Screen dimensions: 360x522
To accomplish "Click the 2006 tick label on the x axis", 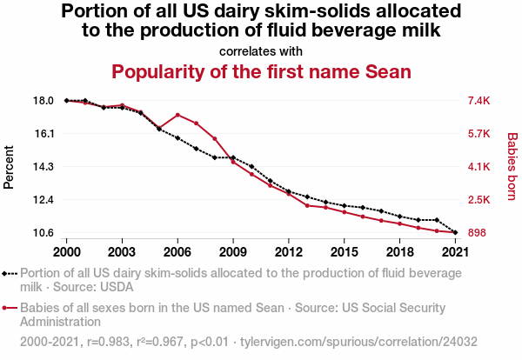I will (177, 251).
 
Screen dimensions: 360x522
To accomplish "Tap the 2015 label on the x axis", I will (345, 251).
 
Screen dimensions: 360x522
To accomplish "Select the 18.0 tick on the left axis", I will (43, 101).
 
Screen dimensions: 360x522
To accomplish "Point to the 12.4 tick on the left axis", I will (43, 200).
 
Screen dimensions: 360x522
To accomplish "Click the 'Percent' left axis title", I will (10, 167).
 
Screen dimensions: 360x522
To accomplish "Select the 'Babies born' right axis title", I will (512, 167).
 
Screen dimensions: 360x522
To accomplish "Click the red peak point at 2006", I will (177, 115).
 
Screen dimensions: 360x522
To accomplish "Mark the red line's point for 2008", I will (215, 138).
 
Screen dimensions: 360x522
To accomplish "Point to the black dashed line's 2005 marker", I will (159, 129).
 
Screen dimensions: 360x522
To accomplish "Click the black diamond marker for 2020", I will (437, 220).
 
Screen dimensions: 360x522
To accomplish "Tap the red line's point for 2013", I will (307, 205).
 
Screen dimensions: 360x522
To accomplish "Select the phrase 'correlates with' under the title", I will (261, 50).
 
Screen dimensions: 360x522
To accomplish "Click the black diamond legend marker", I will (6, 273).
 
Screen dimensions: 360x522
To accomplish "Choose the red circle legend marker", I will (6, 308).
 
